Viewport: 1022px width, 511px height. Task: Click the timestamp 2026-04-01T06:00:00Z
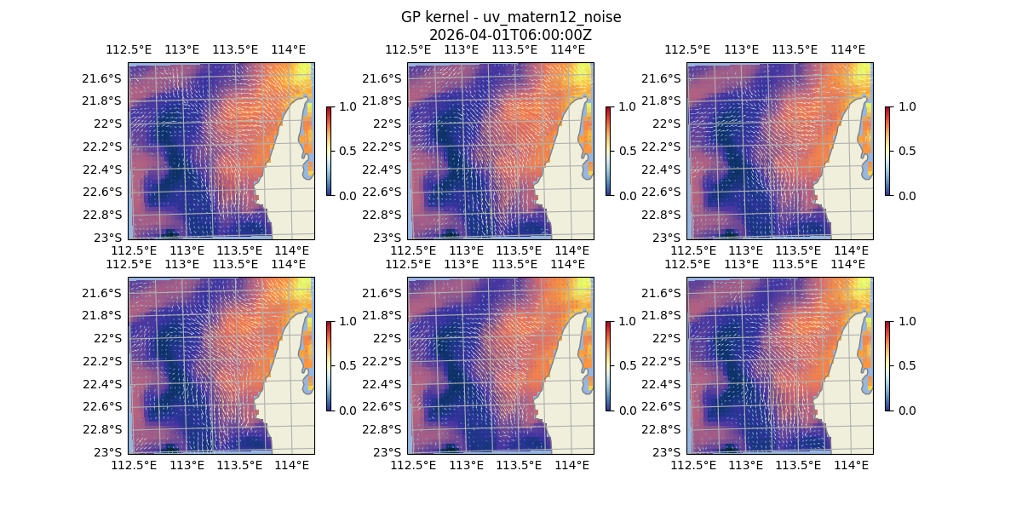(x=510, y=35)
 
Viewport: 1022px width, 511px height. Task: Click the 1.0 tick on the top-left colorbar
(x=347, y=106)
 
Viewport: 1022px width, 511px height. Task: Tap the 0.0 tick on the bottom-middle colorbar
(x=626, y=410)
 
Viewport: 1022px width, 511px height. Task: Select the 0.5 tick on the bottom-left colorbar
(x=347, y=365)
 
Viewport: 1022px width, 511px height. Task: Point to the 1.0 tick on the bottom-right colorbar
(x=905, y=321)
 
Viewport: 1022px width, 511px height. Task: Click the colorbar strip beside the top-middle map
(x=608, y=151)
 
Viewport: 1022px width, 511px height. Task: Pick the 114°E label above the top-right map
(x=847, y=49)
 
